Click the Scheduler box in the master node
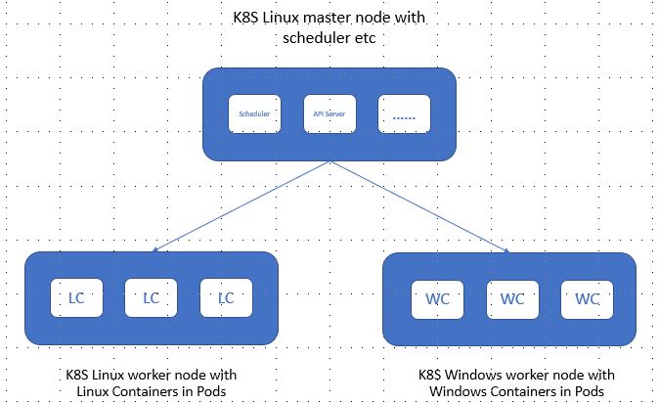(254, 114)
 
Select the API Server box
(329, 114)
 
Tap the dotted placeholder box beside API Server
(404, 114)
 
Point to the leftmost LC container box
(76, 297)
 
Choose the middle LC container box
(151, 297)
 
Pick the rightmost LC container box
(226, 297)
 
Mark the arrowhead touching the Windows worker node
(506, 251)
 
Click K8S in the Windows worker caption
(426, 375)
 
